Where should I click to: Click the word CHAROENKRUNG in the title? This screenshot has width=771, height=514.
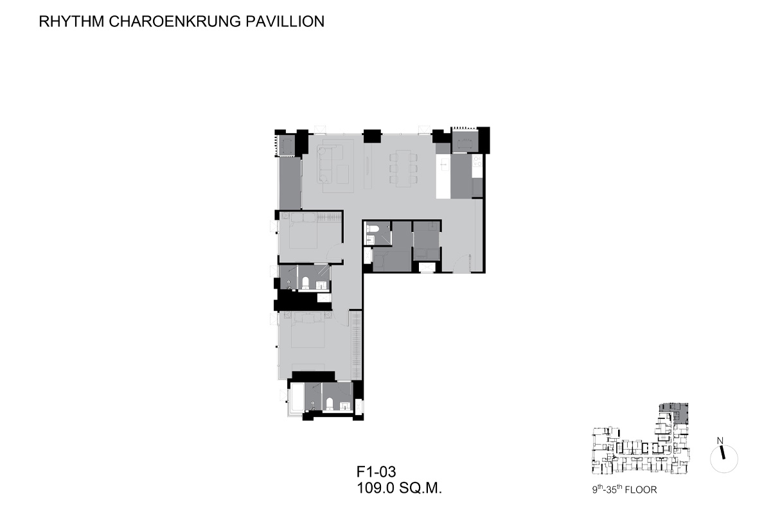pyautogui.click(x=175, y=21)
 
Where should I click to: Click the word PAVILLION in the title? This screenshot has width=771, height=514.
pyautogui.click(x=285, y=21)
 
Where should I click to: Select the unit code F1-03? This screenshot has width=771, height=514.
pyautogui.click(x=377, y=472)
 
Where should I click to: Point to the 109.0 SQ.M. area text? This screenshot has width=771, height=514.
pyautogui.click(x=399, y=488)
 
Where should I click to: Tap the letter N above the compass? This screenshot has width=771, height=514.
pyautogui.click(x=720, y=441)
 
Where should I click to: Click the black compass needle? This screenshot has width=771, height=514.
pyautogui.click(x=722, y=452)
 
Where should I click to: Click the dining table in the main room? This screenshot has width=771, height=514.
pyautogui.click(x=403, y=168)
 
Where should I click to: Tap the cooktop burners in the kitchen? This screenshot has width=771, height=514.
pyautogui.click(x=477, y=161)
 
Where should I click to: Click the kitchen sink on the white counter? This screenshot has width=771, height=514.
pyautogui.click(x=443, y=165)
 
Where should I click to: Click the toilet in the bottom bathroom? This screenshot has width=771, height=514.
pyautogui.click(x=330, y=404)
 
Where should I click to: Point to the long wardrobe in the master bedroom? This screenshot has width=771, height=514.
pyautogui.click(x=356, y=345)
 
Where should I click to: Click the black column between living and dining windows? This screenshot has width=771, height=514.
pyautogui.click(x=372, y=136)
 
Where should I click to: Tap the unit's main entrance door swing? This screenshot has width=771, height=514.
pyautogui.click(x=462, y=263)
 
